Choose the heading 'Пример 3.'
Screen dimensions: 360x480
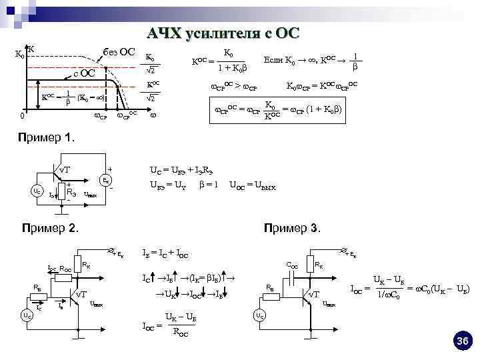coord(293,227)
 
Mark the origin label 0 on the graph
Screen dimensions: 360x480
coord(22,117)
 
